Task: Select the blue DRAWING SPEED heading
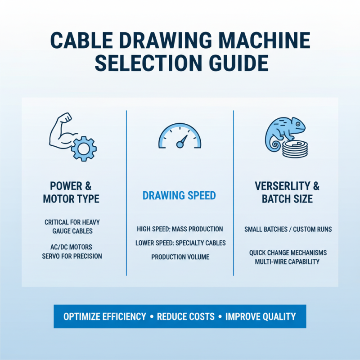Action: point(179,196)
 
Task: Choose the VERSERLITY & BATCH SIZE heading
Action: point(287,192)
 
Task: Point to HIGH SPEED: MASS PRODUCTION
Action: point(180,229)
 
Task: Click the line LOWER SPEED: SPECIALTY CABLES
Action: point(180,243)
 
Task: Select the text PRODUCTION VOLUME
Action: point(180,257)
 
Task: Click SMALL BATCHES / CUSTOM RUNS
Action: point(288,229)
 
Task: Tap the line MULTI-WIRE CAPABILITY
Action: point(288,261)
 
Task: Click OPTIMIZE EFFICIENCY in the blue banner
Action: point(105,316)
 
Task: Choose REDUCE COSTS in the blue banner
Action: point(186,316)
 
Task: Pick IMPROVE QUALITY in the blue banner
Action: point(261,316)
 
